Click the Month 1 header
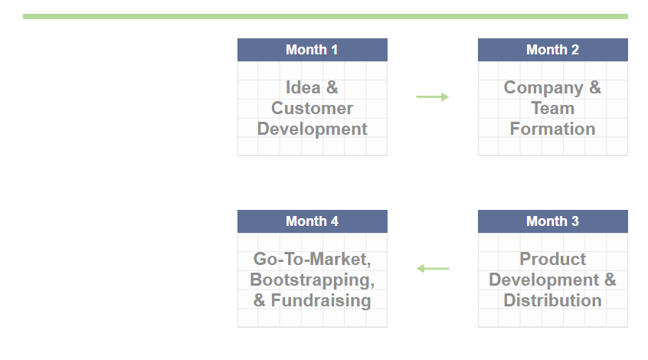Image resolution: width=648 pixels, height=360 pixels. tap(312, 50)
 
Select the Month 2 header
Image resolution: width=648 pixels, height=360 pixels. tap(552, 50)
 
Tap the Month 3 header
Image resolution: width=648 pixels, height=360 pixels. tap(552, 221)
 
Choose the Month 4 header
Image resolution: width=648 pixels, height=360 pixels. tap(312, 221)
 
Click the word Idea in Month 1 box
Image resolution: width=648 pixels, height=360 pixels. tap(303, 87)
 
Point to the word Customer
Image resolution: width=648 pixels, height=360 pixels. tap(312, 108)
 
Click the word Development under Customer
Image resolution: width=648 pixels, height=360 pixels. tap(312, 129)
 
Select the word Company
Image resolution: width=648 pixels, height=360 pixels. tap(543, 88)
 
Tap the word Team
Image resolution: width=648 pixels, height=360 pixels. tap(552, 108)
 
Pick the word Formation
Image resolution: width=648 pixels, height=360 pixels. tap(552, 129)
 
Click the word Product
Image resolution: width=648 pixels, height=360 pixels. tap(552, 259)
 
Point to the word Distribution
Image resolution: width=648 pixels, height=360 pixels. tap(552, 300)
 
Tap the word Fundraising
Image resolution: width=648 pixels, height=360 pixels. tap(321, 301)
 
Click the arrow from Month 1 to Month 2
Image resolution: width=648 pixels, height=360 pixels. tap(432, 97)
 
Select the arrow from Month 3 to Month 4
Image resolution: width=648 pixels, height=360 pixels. tap(432, 269)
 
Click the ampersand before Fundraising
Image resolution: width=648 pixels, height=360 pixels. tap(259, 300)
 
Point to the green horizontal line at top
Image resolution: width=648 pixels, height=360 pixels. tap(326, 17)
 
